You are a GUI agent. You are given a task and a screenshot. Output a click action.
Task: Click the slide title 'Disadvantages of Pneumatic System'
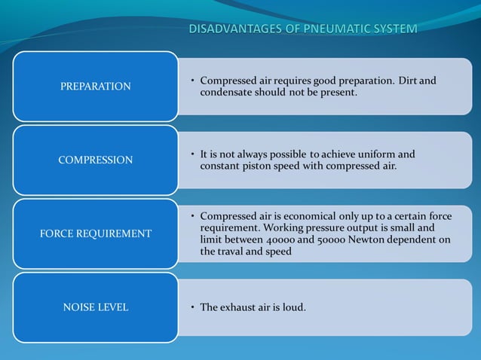(x=302, y=29)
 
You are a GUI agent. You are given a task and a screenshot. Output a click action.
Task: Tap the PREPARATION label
(x=95, y=87)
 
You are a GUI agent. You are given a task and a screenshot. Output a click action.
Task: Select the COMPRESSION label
(x=95, y=160)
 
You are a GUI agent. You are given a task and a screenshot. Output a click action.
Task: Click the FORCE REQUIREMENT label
(x=95, y=233)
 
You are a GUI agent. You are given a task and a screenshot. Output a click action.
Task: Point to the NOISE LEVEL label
(x=95, y=307)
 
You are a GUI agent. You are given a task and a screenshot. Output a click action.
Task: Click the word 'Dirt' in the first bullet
(x=404, y=81)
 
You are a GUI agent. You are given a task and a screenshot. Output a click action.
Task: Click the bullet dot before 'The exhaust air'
(x=192, y=307)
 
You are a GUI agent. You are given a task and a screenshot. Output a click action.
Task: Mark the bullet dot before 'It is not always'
(x=192, y=154)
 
